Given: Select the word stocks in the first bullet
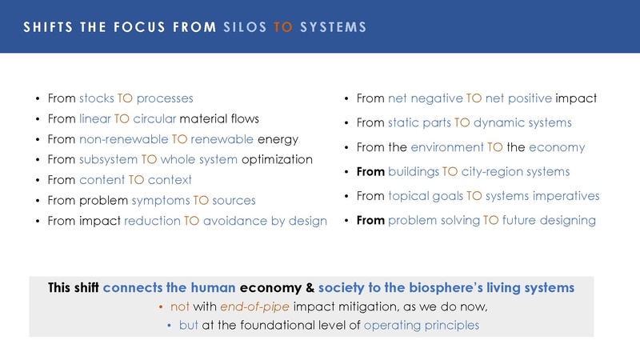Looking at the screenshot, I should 97,99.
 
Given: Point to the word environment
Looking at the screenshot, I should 447,147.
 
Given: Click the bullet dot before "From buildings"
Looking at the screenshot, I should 345,172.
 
